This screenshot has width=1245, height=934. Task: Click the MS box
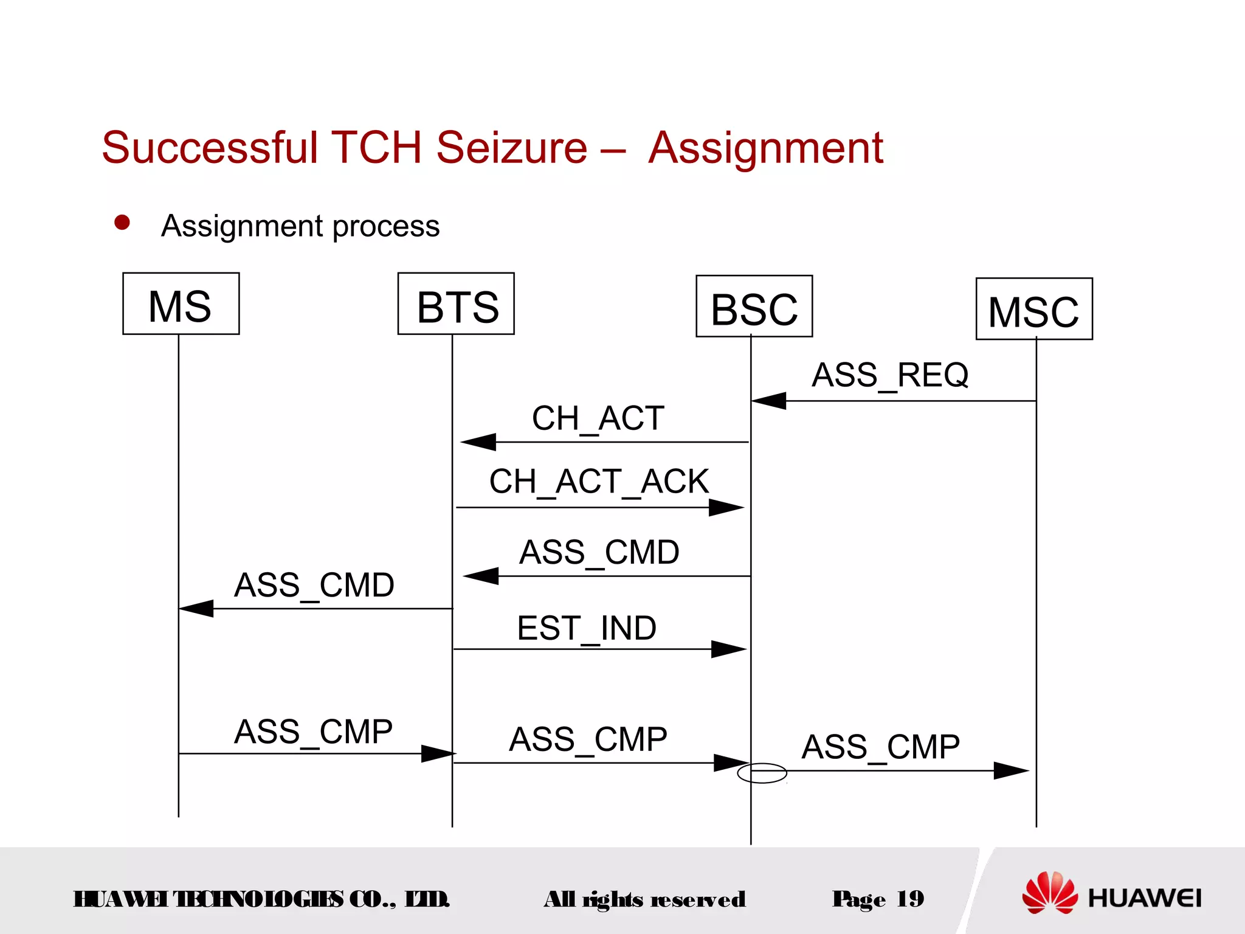click(181, 303)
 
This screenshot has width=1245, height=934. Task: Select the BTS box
click(456, 303)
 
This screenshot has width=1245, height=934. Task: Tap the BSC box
click(754, 306)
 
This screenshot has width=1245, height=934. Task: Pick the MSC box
click(1034, 309)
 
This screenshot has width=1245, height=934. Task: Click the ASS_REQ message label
click(890, 375)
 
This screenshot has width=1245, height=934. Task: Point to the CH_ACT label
click(598, 418)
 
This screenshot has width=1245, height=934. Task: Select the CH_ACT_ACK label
click(599, 482)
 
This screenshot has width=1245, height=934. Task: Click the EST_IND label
click(587, 628)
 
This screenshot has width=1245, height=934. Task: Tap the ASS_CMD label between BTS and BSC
click(599, 552)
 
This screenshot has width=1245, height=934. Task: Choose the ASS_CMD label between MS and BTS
click(314, 585)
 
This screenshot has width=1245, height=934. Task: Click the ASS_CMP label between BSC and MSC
click(880, 747)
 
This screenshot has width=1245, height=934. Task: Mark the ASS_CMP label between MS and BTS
click(313, 732)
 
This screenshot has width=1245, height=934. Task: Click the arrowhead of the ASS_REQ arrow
click(768, 401)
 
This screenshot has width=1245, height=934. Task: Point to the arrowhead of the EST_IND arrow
click(729, 649)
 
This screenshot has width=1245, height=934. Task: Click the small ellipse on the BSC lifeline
click(762, 773)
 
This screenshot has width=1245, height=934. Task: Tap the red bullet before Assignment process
click(122, 223)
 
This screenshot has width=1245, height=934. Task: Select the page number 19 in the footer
click(910, 898)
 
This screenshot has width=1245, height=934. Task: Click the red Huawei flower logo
click(1050, 893)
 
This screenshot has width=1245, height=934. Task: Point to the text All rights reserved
click(644, 899)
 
